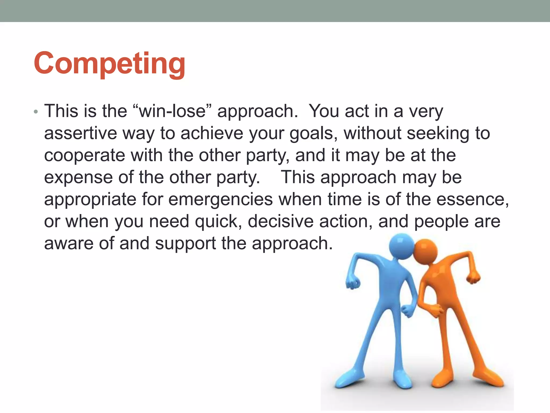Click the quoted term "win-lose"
(172, 111)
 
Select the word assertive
(81, 133)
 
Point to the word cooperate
(84, 155)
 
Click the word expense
(78, 178)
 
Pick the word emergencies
(220, 200)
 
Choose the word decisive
(280, 222)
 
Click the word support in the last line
(185, 244)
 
